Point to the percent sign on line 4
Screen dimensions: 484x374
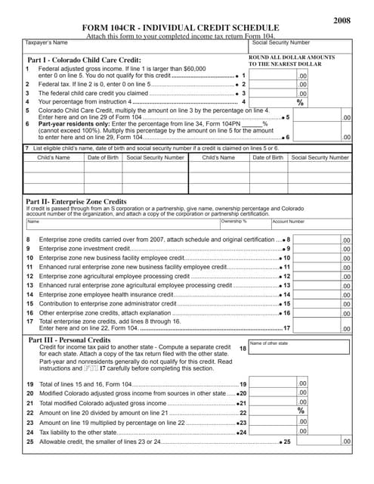[x=300, y=101]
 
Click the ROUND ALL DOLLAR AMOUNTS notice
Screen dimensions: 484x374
[x=292, y=60]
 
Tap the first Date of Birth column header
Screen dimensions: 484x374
[x=102, y=158]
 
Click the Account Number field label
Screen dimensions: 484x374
[x=289, y=222]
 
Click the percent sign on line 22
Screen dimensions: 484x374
[x=300, y=411]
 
